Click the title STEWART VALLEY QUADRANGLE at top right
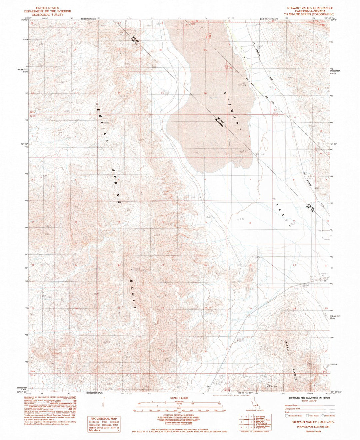tap(310, 8)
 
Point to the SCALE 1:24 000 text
tap(179, 398)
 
